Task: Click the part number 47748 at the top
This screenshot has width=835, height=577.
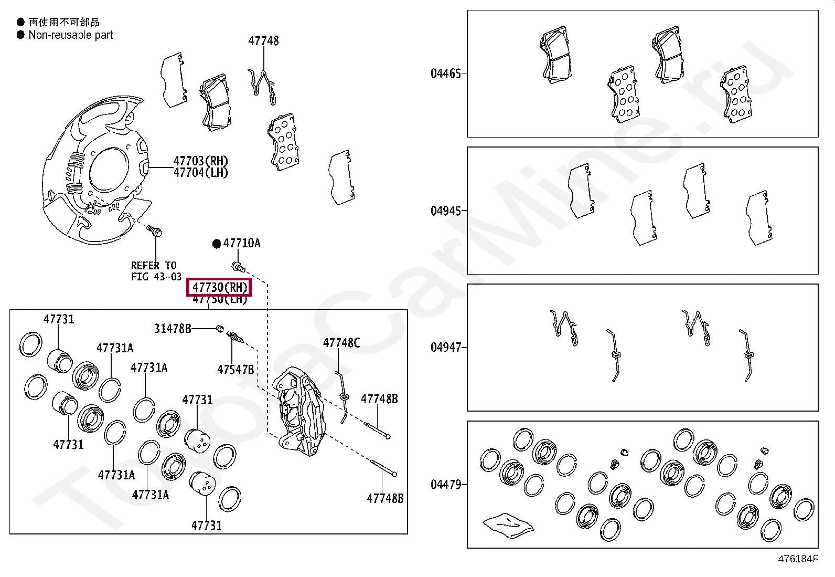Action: point(263,41)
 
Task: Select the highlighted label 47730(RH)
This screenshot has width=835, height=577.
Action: point(219,287)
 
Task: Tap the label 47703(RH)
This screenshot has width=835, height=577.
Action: point(201,161)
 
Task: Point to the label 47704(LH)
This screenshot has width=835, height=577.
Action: point(201,173)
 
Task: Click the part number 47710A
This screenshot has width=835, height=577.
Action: point(242,243)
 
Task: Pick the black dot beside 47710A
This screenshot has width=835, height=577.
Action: point(216,244)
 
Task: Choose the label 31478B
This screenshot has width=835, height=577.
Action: point(173,329)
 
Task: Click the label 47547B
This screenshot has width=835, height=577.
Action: point(235,370)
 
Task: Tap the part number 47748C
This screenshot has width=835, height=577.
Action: point(341,343)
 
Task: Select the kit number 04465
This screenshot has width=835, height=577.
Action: point(446,74)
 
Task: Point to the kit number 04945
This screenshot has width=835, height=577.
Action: point(446,211)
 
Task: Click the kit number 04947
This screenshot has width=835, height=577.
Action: point(446,348)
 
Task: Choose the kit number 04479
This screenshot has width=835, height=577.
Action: point(446,485)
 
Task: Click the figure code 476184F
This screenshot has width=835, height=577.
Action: point(798,559)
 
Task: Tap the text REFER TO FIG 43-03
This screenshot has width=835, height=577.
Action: point(156,271)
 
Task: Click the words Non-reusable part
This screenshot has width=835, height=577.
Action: point(71,35)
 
